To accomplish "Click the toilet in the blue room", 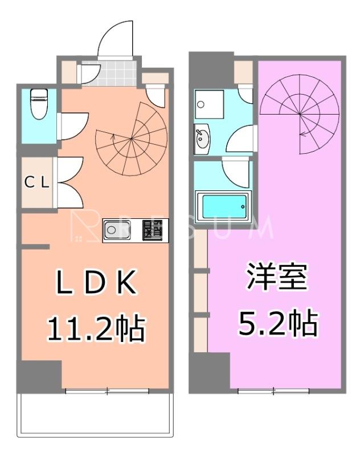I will [x=39, y=104].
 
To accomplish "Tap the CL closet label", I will [x=38, y=184].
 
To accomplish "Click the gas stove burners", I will [x=152, y=230].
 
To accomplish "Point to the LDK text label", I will [x=96, y=283].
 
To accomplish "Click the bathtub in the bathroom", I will [x=222, y=207].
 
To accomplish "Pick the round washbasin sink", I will [x=201, y=138].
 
